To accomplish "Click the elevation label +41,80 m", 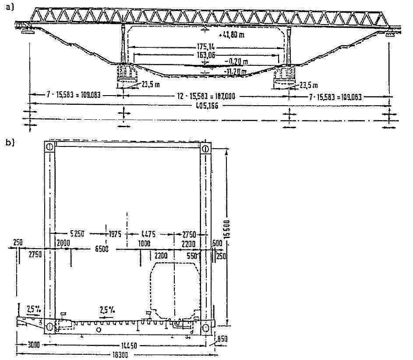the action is coord(230,35).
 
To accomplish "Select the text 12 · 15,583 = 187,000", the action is coord(206,95).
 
